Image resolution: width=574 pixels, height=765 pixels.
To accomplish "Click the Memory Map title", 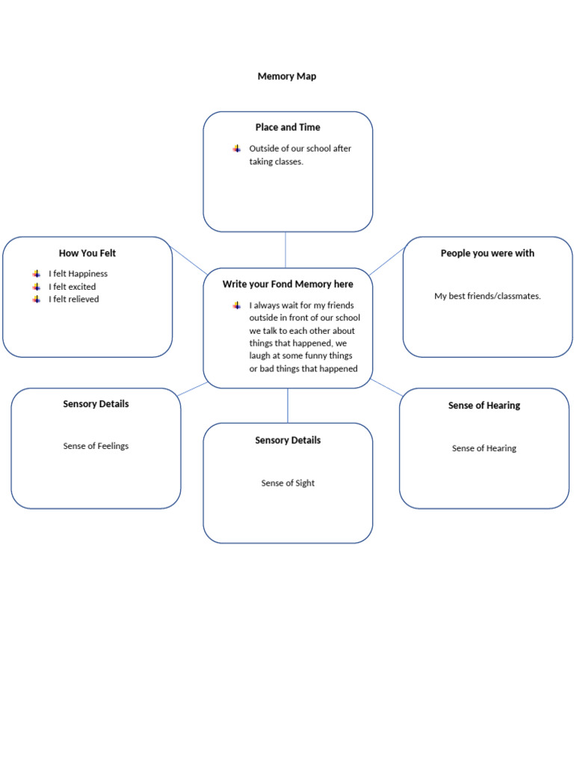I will [x=286, y=76].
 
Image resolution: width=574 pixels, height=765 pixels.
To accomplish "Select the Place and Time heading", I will [x=288, y=128].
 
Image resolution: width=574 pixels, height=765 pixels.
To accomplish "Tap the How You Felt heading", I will [x=87, y=253].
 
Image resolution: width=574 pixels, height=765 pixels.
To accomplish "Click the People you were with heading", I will [x=487, y=253].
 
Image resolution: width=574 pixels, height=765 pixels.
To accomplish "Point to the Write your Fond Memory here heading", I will [x=288, y=285].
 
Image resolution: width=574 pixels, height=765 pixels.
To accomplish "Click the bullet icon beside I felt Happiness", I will [x=37, y=274].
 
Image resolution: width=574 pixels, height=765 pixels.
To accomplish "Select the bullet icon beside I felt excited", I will [x=37, y=287].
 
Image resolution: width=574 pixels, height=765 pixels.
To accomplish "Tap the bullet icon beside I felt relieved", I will [x=37, y=300].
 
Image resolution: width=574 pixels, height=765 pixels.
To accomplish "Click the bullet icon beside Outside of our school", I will [x=237, y=149].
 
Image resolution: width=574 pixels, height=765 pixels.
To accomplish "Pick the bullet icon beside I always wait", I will [x=237, y=306].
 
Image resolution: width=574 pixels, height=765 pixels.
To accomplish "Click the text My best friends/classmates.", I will [x=487, y=297].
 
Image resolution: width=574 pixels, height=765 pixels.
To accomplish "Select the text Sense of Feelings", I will [x=96, y=446].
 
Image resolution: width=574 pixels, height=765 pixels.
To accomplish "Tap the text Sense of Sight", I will [x=288, y=483].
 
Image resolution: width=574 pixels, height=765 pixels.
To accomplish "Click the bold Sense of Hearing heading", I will [x=484, y=406].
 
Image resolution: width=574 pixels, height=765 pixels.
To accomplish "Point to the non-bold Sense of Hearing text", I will [x=484, y=449].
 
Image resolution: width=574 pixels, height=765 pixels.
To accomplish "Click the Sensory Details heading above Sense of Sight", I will [x=288, y=441].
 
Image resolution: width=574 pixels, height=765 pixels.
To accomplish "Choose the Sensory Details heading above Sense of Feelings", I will [x=96, y=404].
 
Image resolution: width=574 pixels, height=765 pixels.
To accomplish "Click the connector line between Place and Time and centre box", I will [x=286, y=250].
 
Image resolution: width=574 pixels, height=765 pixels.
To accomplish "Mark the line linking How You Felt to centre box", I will [x=188, y=260].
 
